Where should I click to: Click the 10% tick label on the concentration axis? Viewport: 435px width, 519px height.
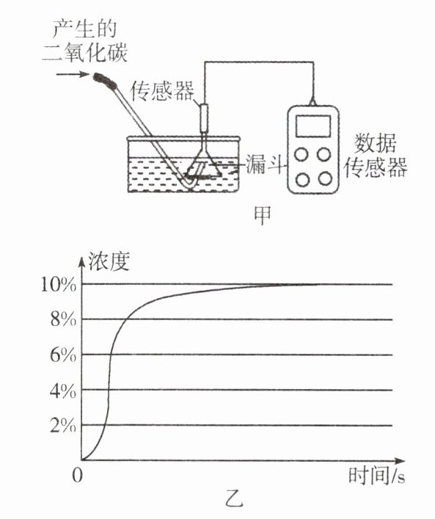[x=58, y=284]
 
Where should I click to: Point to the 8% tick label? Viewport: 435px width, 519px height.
[x=63, y=320]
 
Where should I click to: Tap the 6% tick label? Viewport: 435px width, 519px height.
[x=63, y=355]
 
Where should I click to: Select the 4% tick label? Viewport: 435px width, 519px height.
[x=63, y=391]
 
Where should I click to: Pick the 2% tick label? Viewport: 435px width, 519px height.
[x=63, y=426]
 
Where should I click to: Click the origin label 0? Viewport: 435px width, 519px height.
[x=77, y=475]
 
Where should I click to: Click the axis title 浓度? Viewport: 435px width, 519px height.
[x=108, y=262]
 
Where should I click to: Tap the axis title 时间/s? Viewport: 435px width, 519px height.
[x=377, y=476]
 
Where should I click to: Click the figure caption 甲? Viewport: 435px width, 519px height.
[x=263, y=215]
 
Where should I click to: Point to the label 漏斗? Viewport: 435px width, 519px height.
[x=265, y=164]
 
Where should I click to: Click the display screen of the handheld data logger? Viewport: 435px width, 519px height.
[x=313, y=126]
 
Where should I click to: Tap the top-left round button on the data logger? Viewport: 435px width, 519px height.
[x=301, y=154]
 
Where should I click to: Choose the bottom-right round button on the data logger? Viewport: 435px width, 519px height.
[x=325, y=179]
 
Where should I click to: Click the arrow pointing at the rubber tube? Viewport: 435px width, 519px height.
[x=73, y=74]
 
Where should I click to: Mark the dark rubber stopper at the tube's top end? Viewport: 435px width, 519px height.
[x=105, y=81]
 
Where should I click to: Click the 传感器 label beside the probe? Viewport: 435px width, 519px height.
[x=163, y=91]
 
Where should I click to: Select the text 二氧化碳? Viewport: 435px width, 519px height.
[x=85, y=52]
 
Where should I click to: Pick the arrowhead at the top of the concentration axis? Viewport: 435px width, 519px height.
[x=81, y=261]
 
